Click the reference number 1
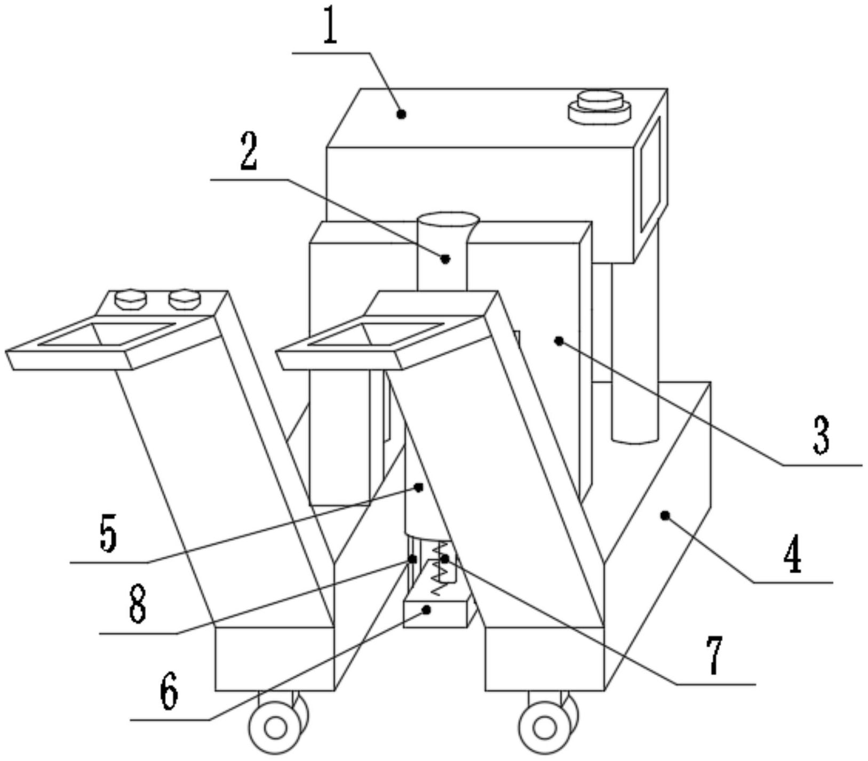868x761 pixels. pyautogui.click(x=330, y=27)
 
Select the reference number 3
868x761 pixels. pyautogui.click(x=822, y=435)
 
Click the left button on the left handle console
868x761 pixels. pyautogui.click(x=131, y=299)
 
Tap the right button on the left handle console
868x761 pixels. pyautogui.click(x=184, y=299)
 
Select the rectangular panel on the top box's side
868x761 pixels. pyautogui.click(x=650, y=174)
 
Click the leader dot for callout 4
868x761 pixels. pyautogui.click(x=665, y=515)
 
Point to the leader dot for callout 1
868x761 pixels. pyautogui.click(x=402, y=114)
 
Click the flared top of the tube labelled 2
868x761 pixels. pyautogui.click(x=448, y=219)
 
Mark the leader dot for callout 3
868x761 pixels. pyautogui.click(x=559, y=340)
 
